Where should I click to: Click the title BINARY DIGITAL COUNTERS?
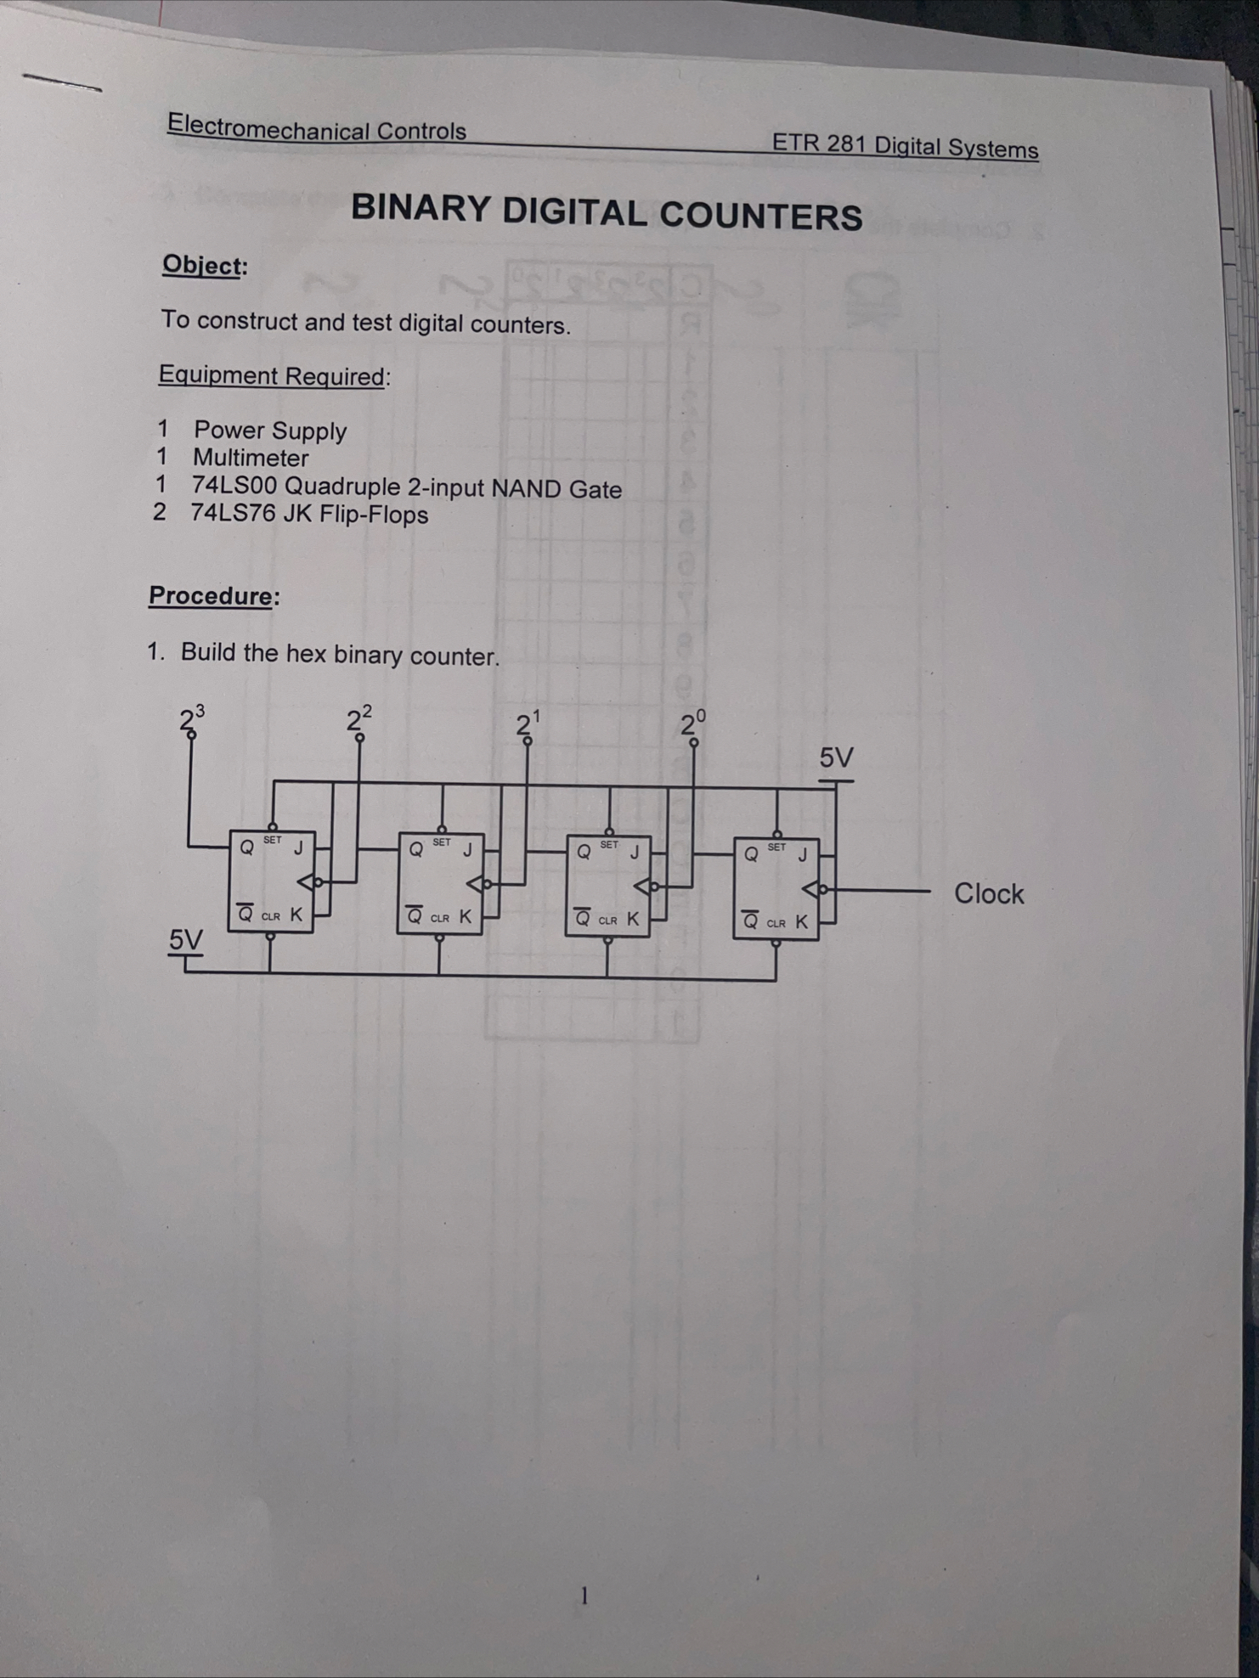(x=607, y=212)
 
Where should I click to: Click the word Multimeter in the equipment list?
(x=251, y=459)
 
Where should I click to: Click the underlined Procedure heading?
(x=211, y=595)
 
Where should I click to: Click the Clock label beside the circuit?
(x=989, y=893)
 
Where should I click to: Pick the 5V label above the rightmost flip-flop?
(x=836, y=757)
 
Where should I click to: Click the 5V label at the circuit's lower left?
(x=186, y=939)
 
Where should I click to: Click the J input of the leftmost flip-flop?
(x=298, y=847)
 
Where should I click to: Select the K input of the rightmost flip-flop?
(x=802, y=921)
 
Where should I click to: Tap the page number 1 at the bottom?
(x=584, y=1596)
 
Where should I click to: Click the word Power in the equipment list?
(x=229, y=431)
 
